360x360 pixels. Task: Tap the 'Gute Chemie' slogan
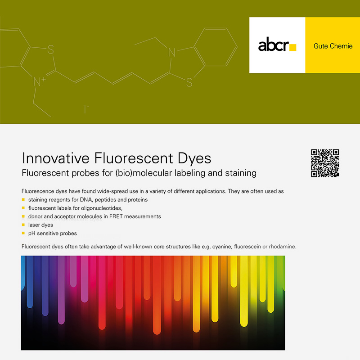333,46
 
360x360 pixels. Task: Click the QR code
325,162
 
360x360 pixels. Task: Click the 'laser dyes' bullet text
40,225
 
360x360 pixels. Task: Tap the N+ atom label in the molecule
40,81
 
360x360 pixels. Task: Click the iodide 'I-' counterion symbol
85,108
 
